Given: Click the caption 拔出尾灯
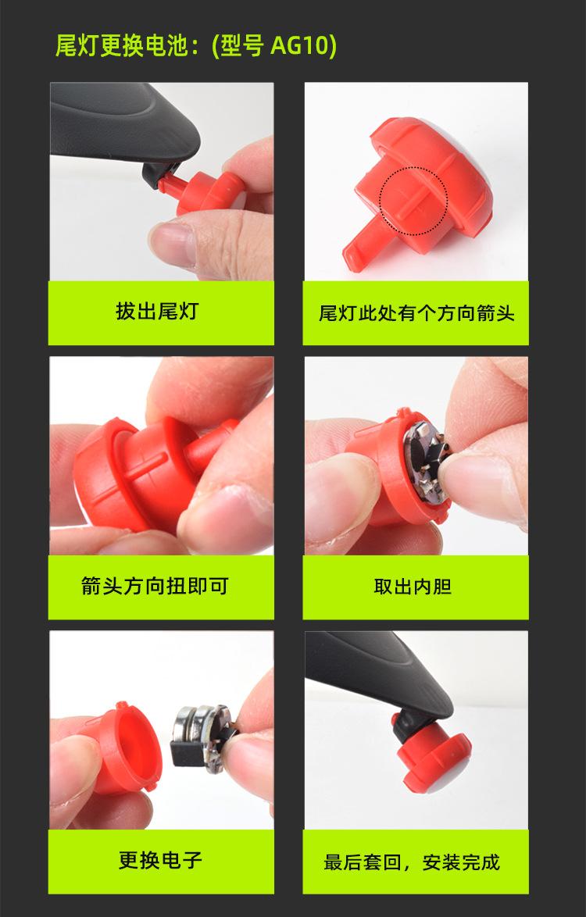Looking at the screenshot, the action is click(157, 311).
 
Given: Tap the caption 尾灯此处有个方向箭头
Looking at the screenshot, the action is click(416, 313).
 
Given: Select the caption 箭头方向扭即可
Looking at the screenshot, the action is click(155, 585).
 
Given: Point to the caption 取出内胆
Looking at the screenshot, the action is click(413, 586).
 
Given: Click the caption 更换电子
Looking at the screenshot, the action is click(160, 860).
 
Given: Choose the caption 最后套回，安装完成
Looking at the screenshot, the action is click(412, 862).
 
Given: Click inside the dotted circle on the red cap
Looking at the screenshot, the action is click(413, 201).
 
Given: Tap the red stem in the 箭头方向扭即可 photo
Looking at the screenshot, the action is click(213, 444).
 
